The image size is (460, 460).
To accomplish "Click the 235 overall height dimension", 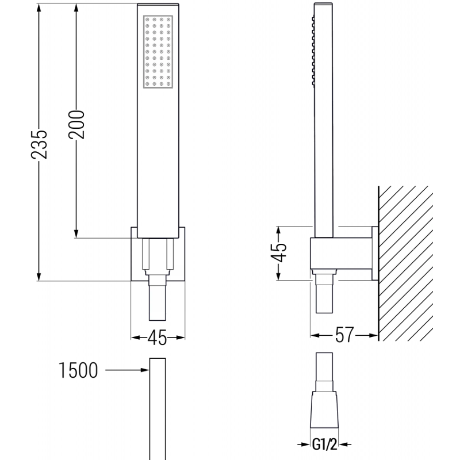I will click(39, 142).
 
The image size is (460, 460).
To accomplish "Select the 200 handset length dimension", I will click(77, 124).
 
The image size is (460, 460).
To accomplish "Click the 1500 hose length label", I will click(77, 371).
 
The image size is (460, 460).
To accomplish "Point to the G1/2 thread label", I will click(324, 444).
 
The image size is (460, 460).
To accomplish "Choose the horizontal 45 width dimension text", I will click(158, 338).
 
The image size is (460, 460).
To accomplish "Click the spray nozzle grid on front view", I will click(157, 52).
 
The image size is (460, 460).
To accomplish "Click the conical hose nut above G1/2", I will click(324, 409).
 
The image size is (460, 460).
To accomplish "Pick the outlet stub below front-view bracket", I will click(158, 302).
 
